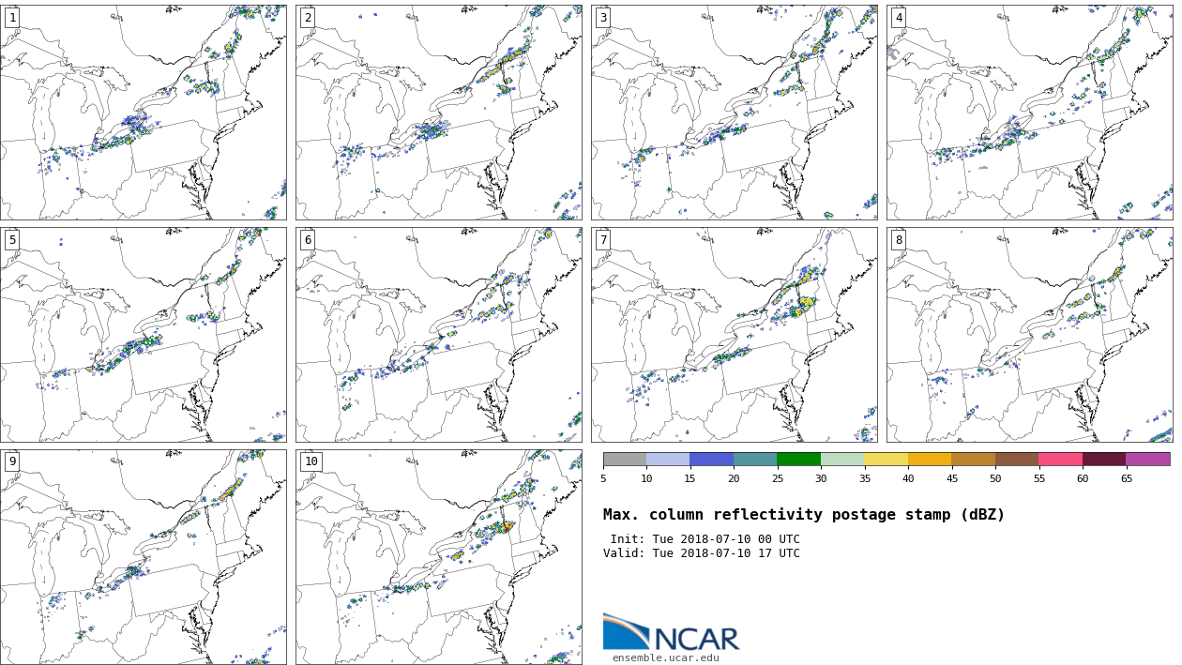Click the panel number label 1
pos(12,18)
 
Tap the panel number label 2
pos(308,18)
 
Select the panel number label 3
pos(603,18)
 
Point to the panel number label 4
pos(899,18)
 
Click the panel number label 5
pos(12,240)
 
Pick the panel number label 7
pos(603,240)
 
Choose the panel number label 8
pos(899,240)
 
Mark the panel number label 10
pos(311,461)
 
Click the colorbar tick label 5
pos(603,479)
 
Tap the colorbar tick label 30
pos(821,479)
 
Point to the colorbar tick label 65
pos(1126,479)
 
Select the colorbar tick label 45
pos(951,479)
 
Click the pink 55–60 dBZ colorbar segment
pos(1060,460)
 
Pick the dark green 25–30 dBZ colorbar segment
pos(798,460)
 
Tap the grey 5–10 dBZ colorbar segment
pos(625,460)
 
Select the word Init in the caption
pos(628,539)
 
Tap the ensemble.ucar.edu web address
pos(666,657)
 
